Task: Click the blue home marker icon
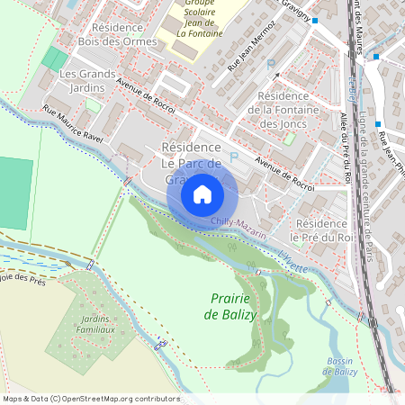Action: (x=202, y=194)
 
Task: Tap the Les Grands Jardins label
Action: (x=88, y=80)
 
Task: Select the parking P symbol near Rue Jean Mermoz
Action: (x=271, y=64)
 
